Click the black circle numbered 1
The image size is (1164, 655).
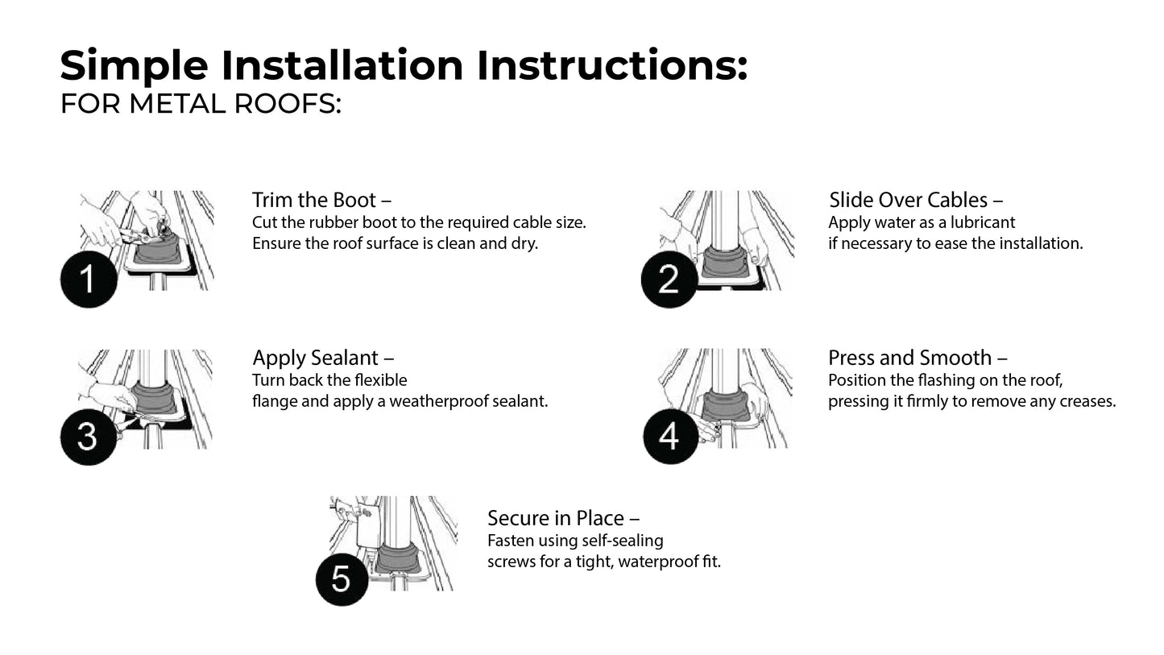[89, 280]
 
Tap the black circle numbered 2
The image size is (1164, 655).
[669, 280]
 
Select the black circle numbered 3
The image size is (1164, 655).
[89, 437]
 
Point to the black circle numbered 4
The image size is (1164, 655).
[670, 437]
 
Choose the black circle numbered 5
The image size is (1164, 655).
[342, 578]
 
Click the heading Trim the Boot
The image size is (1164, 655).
[321, 200]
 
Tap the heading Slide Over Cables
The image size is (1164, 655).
[915, 200]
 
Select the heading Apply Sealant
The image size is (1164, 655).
[322, 358]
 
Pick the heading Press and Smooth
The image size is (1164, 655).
[917, 358]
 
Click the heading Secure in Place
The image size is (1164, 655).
[562, 518]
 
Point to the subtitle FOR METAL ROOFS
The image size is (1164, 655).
[201, 105]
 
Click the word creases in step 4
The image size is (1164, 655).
[1089, 401]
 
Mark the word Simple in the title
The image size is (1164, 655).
[134, 65]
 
